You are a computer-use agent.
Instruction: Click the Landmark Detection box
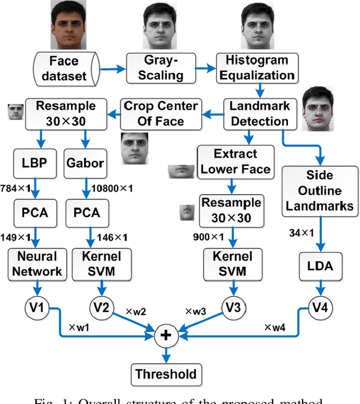point(260,114)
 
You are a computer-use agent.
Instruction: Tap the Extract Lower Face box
point(236,161)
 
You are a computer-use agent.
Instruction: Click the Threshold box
point(166,374)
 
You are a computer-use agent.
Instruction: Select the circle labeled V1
point(35,308)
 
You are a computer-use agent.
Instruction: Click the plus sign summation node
point(166,336)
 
